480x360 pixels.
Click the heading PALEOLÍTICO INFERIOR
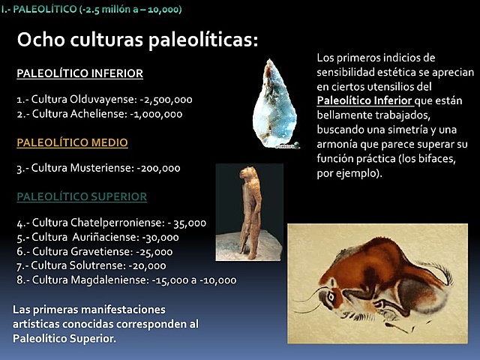[79, 73]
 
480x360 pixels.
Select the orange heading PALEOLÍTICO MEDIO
[72, 142]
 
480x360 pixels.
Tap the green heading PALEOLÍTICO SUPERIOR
[81, 196]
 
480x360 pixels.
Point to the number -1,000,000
[154, 115]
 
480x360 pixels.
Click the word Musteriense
[104, 169]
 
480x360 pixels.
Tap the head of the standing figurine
[244, 175]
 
